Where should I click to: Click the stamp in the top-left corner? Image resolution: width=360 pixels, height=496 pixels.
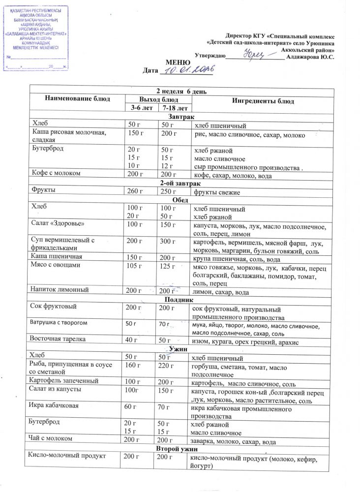click(36, 38)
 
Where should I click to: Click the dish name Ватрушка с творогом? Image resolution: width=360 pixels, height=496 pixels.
click(59, 323)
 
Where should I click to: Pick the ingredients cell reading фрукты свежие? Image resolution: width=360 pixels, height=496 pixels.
click(217, 192)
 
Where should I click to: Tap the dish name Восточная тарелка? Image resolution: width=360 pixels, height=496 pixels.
click(58, 339)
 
